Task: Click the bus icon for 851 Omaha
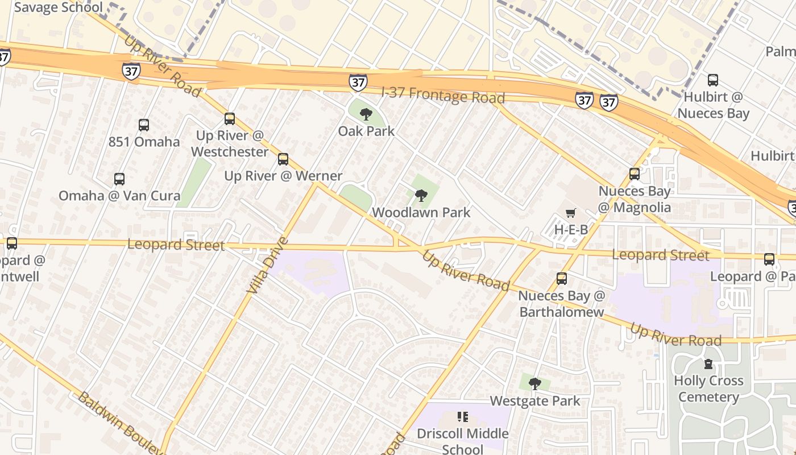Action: (x=144, y=125)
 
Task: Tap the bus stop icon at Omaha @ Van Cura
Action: (x=119, y=179)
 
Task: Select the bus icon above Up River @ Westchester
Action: (x=230, y=119)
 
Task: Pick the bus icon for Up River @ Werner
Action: (x=283, y=159)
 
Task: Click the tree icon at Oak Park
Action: (x=366, y=114)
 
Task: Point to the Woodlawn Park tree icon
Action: (x=421, y=196)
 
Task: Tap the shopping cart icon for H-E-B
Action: (x=571, y=213)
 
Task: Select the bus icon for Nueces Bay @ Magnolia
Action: (x=635, y=174)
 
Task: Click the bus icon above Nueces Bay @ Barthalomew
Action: (x=562, y=279)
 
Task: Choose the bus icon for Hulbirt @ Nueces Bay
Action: (x=713, y=80)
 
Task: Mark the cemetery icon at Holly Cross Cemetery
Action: (x=708, y=364)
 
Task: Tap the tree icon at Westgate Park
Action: (x=534, y=384)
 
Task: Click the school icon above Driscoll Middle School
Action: (x=463, y=417)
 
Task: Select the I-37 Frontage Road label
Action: (x=443, y=96)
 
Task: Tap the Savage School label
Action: (x=59, y=7)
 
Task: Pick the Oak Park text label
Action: (x=366, y=131)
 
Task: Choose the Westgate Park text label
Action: (x=534, y=401)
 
